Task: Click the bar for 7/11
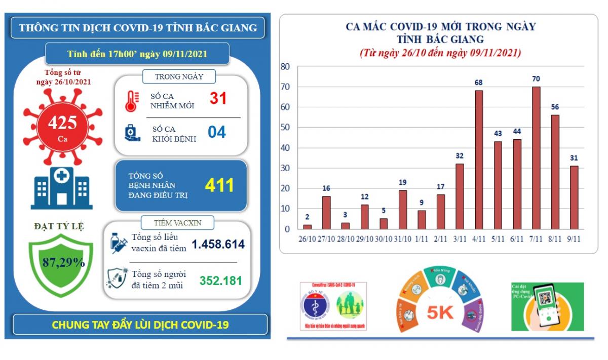pos(536,158)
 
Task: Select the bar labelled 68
pos(479,160)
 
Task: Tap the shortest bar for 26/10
pos(308,227)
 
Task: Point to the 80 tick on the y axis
pos(285,67)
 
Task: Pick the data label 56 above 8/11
pos(555,107)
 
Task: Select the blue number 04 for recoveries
pos(217,132)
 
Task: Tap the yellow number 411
pos(219,185)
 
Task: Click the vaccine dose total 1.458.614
pos(218,245)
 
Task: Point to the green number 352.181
pos(221,280)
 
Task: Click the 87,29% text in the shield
pos(63,262)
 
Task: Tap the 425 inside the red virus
pos(62,122)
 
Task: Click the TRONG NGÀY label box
pos(179,76)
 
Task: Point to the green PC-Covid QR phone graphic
pos(547,306)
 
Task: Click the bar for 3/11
pos(460,196)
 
